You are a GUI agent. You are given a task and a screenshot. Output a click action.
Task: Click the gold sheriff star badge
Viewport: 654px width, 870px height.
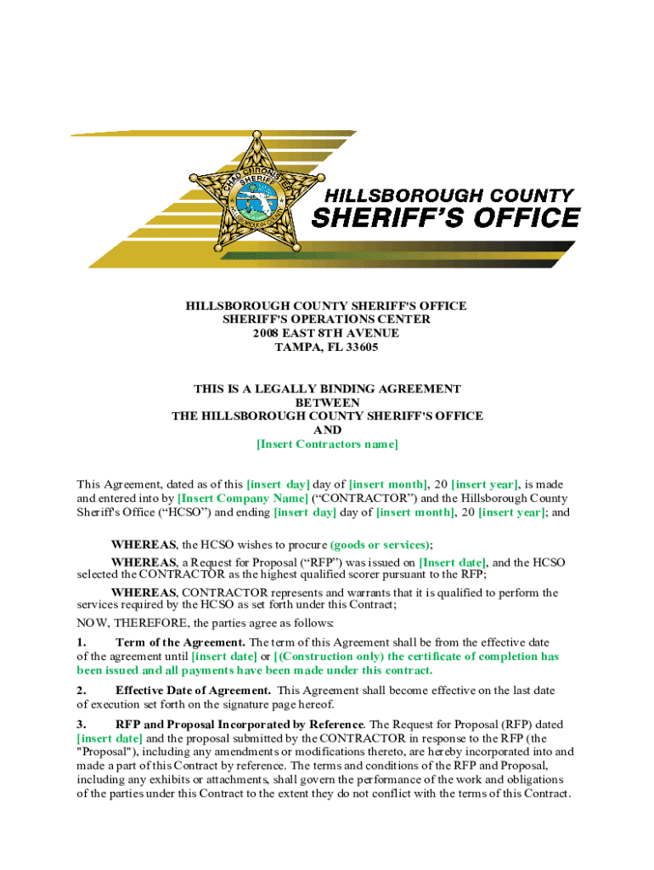point(254,192)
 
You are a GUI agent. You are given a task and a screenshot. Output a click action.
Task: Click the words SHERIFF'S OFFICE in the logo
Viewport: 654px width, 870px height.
point(447,218)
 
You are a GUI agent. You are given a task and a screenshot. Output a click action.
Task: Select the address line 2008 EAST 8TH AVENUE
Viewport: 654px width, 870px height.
point(327,333)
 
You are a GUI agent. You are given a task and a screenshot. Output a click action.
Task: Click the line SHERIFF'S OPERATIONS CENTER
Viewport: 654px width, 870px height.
point(327,319)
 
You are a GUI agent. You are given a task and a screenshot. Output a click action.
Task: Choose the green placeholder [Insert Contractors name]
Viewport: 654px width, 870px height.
point(327,444)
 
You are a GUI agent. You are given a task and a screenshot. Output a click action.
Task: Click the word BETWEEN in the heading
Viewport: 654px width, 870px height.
point(327,403)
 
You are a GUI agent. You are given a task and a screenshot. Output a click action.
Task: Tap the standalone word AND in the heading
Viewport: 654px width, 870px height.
point(327,431)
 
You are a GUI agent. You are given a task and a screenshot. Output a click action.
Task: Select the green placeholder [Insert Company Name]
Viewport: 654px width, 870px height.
point(243,499)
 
